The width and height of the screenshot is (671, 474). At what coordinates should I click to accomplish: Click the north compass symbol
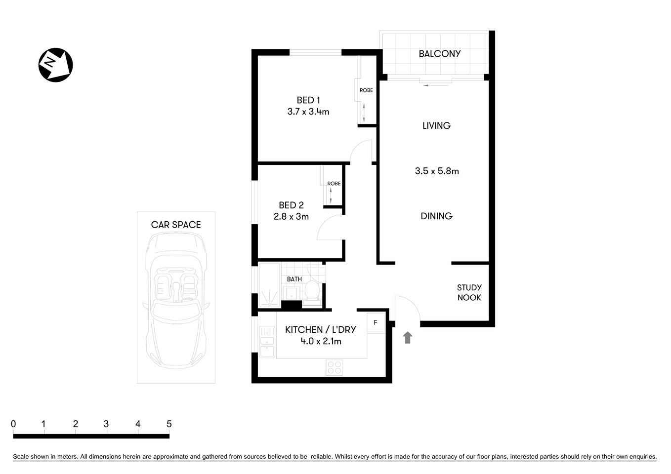pyautogui.click(x=56, y=65)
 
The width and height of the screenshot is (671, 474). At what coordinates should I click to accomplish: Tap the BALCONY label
pyautogui.click(x=439, y=54)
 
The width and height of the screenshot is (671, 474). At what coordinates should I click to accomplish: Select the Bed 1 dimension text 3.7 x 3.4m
pyautogui.click(x=308, y=112)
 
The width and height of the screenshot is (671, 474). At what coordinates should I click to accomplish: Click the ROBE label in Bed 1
pyautogui.click(x=366, y=90)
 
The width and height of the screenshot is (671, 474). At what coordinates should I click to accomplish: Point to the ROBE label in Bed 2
pyautogui.click(x=334, y=184)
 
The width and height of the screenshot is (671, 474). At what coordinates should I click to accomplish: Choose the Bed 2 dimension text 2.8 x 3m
pyautogui.click(x=291, y=216)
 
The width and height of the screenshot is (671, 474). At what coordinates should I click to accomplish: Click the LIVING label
pyautogui.click(x=436, y=126)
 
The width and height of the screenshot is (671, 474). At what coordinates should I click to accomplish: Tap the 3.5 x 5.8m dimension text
pyautogui.click(x=436, y=171)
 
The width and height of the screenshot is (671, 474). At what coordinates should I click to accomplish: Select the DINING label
pyautogui.click(x=436, y=216)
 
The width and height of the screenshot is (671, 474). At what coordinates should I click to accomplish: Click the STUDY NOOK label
pyautogui.click(x=469, y=292)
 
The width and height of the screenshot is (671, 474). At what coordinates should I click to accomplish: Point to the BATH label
pyautogui.click(x=294, y=279)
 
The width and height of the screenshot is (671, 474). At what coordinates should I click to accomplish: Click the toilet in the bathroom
pyautogui.click(x=311, y=290)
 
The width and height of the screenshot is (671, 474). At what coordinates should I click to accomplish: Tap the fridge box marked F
pyautogui.click(x=376, y=323)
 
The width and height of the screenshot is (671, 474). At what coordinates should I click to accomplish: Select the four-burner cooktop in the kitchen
pyautogui.click(x=334, y=367)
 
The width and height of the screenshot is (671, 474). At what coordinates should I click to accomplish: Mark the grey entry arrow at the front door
pyautogui.click(x=408, y=338)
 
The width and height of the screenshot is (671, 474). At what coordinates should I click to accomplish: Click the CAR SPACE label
pyautogui.click(x=176, y=225)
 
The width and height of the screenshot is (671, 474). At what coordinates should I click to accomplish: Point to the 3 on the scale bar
pyautogui.click(x=106, y=424)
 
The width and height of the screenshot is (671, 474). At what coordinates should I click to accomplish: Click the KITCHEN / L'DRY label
pyautogui.click(x=320, y=330)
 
